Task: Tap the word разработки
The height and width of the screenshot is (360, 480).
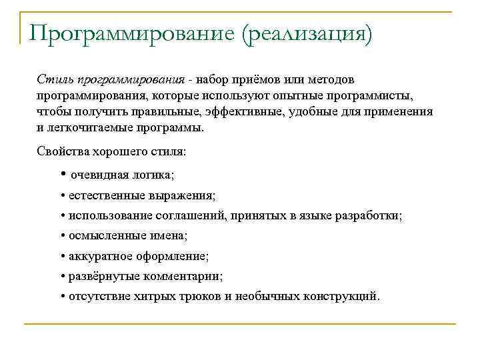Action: [373, 216]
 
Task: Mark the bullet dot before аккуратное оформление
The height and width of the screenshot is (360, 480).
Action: [62, 256]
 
